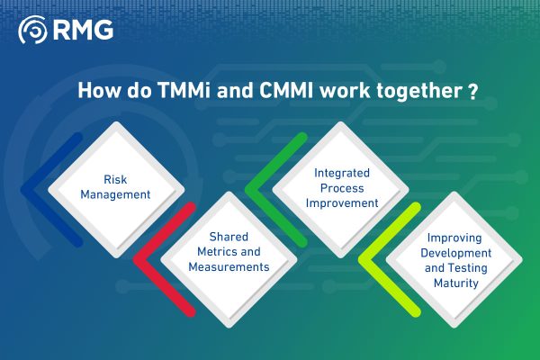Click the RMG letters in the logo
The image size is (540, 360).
click(x=84, y=32)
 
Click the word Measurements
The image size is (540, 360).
click(x=228, y=266)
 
